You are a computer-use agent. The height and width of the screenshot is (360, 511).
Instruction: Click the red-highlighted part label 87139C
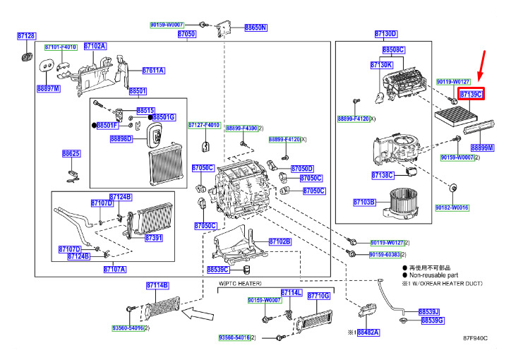[470, 94]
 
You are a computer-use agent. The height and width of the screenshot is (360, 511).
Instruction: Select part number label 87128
[26, 35]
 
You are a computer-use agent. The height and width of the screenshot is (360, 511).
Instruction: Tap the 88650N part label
[255, 28]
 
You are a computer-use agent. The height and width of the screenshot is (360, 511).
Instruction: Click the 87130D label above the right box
[385, 34]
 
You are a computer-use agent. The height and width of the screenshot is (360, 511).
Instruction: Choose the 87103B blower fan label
[364, 203]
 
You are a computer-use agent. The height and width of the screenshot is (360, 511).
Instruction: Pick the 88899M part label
[483, 148]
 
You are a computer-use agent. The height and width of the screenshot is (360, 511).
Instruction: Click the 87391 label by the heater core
[154, 239]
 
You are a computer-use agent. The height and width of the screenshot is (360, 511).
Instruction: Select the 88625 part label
[71, 153]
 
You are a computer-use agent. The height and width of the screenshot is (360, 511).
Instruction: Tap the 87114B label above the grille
[157, 285]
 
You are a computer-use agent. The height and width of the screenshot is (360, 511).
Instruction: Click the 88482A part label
[368, 331]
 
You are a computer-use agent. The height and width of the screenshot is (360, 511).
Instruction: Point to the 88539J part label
[429, 311]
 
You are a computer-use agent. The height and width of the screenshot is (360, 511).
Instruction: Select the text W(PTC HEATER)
[239, 284]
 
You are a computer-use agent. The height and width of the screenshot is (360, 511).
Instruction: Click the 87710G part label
[318, 296]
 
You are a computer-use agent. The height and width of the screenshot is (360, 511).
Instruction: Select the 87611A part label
[153, 71]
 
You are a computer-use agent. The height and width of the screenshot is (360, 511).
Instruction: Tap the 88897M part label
[49, 89]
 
